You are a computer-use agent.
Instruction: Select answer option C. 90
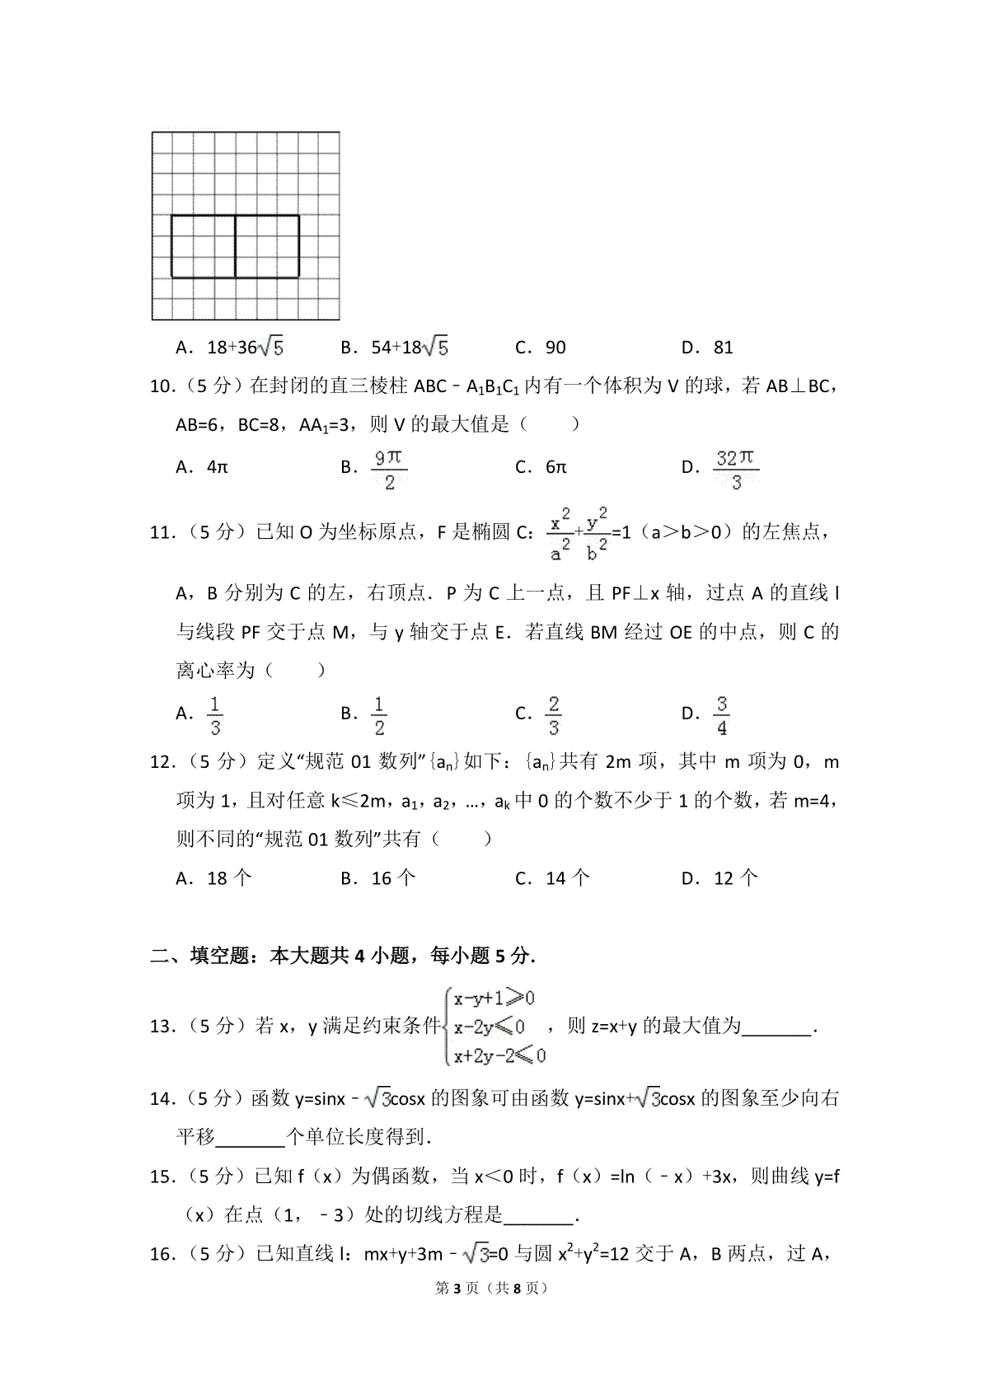point(541,348)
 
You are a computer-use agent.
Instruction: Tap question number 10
point(161,386)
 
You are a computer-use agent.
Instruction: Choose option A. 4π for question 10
point(202,467)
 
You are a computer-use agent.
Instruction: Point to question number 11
point(161,532)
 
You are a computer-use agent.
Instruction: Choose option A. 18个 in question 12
point(214,878)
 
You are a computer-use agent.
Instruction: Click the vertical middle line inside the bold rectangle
point(236,246)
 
